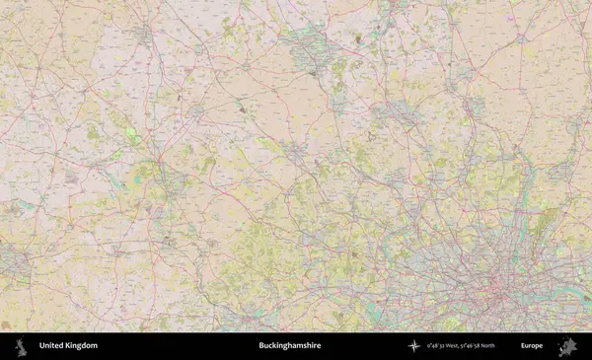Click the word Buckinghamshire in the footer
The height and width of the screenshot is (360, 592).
(289, 346)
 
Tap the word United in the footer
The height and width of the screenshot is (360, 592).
(52, 346)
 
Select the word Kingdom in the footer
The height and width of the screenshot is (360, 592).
(82, 346)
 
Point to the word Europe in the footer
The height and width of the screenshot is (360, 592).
(532, 346)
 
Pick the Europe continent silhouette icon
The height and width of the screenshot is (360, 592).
(567, 346)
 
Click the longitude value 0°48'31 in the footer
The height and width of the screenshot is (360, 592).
(437, 346)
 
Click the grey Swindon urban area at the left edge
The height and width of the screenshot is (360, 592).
(12, 261)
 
